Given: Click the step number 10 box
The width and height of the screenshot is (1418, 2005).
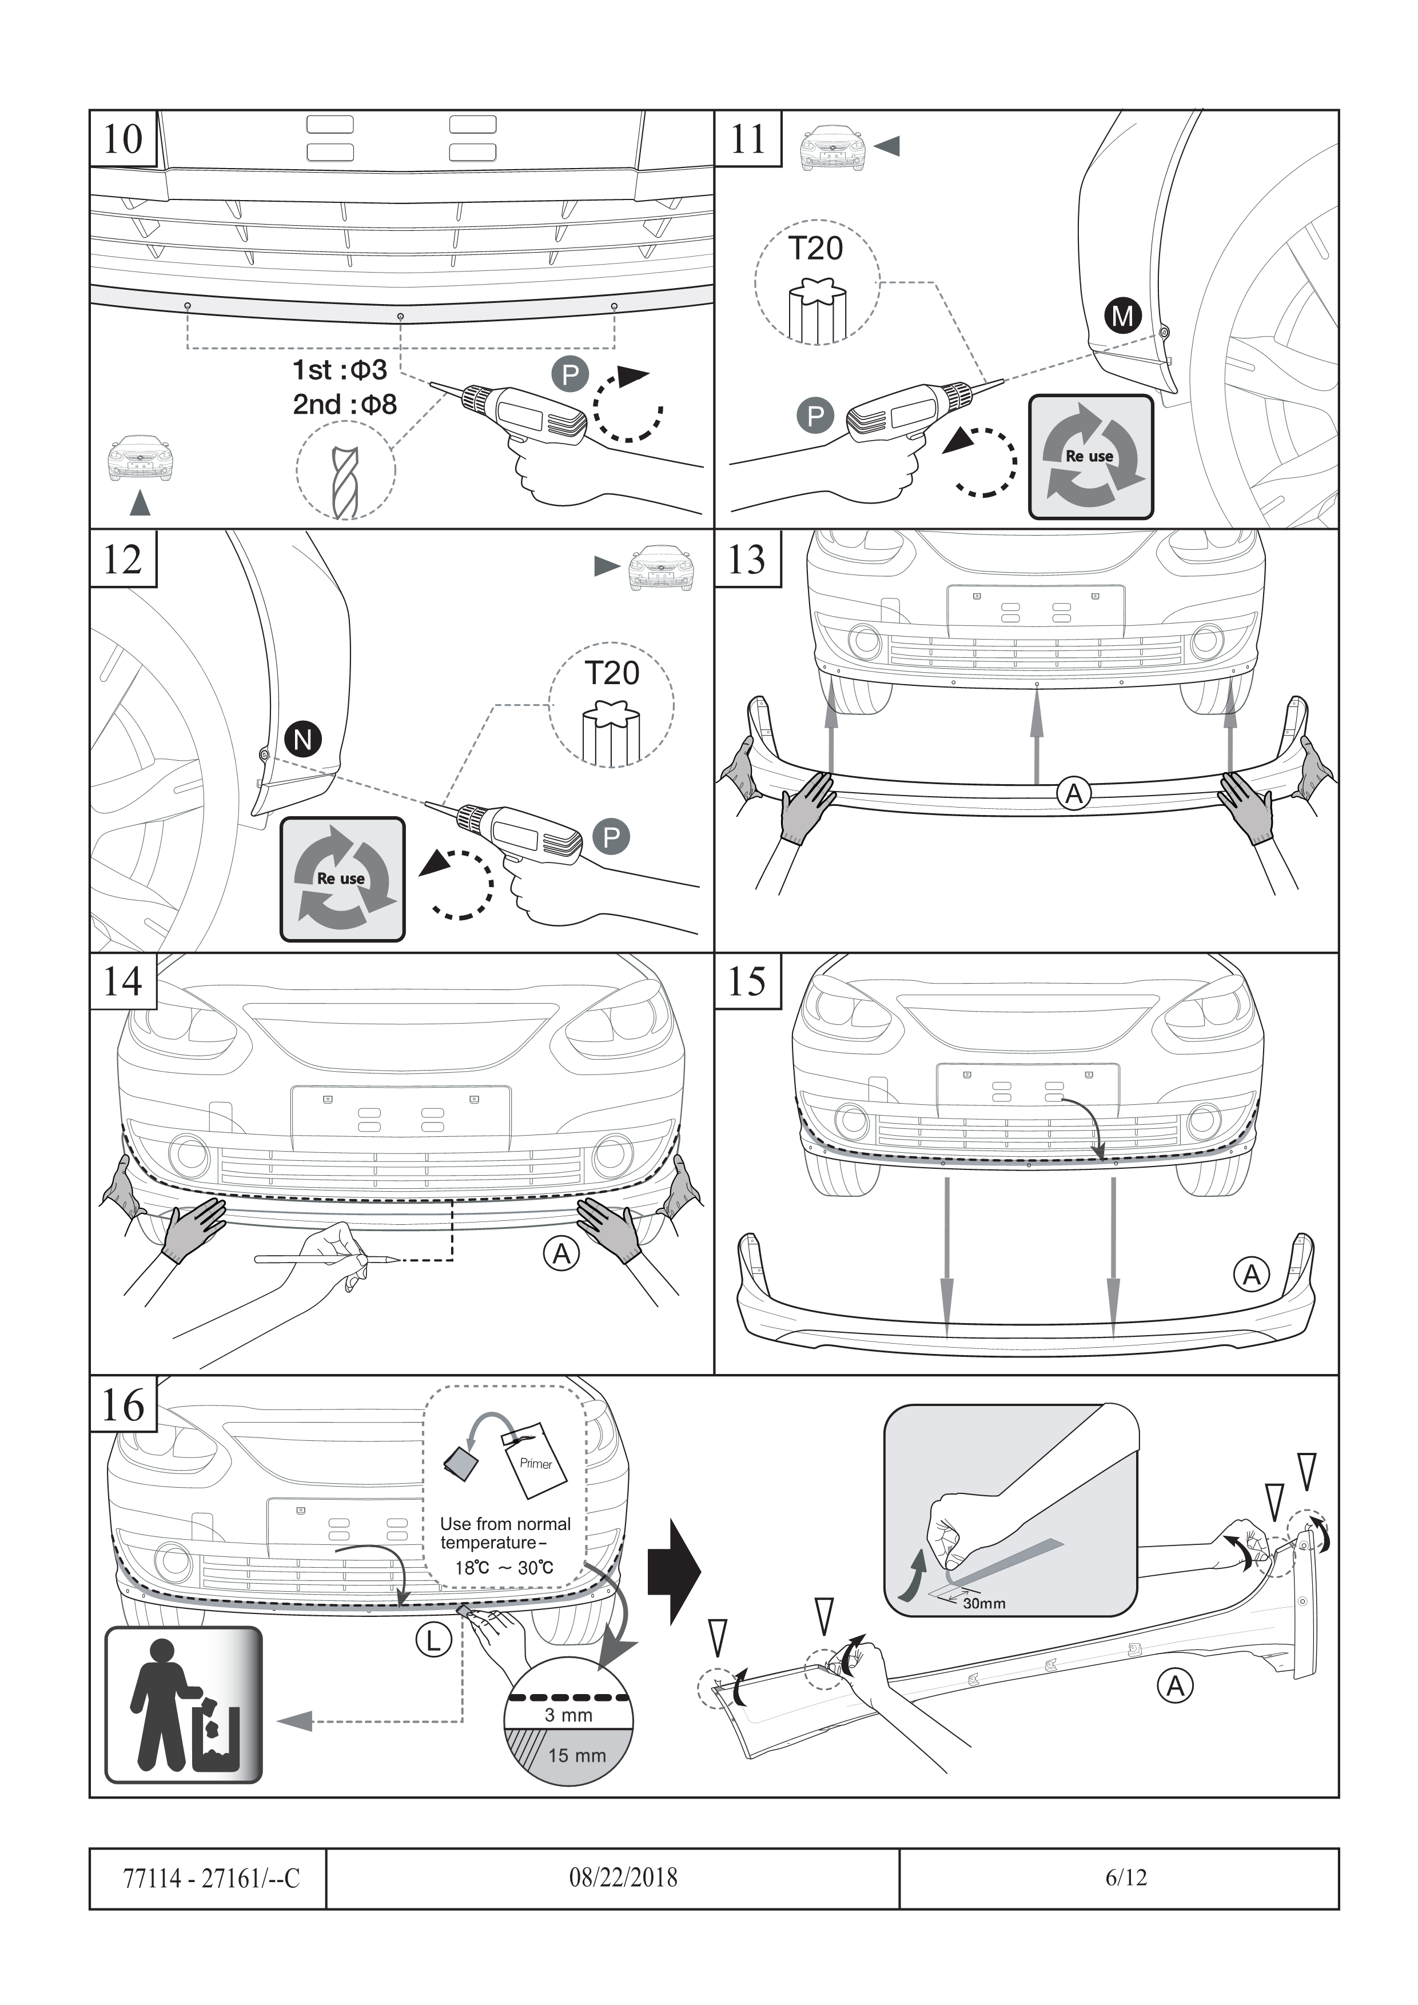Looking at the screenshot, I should click(123, 138).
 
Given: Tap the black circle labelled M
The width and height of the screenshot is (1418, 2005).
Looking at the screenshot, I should click(1123, 315).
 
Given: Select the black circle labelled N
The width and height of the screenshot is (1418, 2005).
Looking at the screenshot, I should click(303, 740).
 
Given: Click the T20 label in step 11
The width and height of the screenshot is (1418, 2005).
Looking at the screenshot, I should click(815, 249).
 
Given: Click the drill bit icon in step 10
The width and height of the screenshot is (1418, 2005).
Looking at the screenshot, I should click(345, 483).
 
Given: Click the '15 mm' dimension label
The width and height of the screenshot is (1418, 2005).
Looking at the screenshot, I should click(577, 1755).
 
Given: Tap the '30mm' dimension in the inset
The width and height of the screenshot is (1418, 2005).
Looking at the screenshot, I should click(984, 1603).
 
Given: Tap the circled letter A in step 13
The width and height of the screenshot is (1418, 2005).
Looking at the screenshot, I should click(1074, 794).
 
